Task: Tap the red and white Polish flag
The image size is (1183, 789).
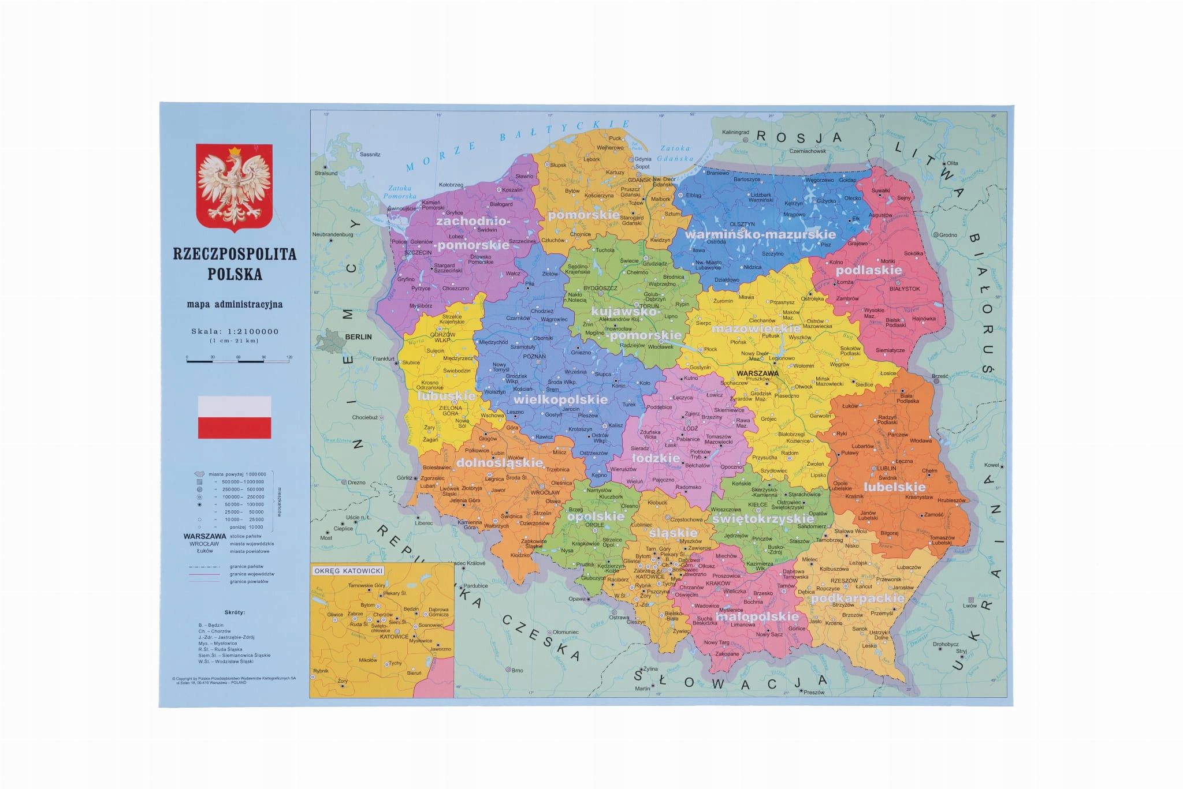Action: [x=235, y=417]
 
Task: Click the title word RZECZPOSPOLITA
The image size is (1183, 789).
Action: [x=235, y=254]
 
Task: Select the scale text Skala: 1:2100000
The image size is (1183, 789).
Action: [x=235, y=331]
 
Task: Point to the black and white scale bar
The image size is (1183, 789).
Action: [x=238, y=361]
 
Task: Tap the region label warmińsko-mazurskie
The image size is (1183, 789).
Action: [x=760, y=234]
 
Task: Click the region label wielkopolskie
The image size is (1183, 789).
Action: [x=560, y=399]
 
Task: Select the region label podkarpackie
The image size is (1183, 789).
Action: [x=857, y=598]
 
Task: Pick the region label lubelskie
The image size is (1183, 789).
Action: [x=894, y=487]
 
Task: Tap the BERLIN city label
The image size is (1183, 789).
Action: [x=358, y=337]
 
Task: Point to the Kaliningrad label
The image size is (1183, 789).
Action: [x=735, y=132]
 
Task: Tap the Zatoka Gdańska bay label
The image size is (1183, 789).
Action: [x=676, y=153]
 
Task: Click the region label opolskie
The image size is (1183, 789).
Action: [x=596, y=516]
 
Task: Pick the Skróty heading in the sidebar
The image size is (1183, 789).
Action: [x=235, y=612]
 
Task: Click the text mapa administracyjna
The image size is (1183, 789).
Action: [x=235, y=304]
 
